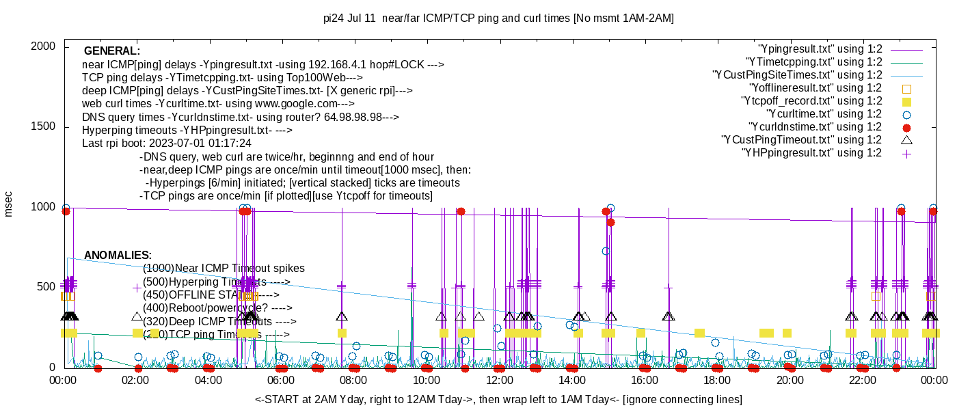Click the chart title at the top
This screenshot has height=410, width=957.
coord(498,18)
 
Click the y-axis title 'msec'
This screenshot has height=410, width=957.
coord(9,203)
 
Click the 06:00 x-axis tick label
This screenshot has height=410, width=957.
coord(281,380)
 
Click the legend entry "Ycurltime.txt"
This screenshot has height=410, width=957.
coord(824,114)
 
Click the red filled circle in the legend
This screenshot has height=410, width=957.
coord(907,127)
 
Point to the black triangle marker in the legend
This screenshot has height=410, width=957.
coord(907,140)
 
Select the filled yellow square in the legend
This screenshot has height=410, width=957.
coord(907,101)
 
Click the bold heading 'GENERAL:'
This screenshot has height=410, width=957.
coord(111,51)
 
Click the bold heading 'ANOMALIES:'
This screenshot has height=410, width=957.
coord(118,255)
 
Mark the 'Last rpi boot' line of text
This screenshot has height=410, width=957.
coord(166,143)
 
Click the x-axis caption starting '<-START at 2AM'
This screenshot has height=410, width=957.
coord(498,399)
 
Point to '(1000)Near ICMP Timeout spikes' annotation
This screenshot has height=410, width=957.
coord(224,269)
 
